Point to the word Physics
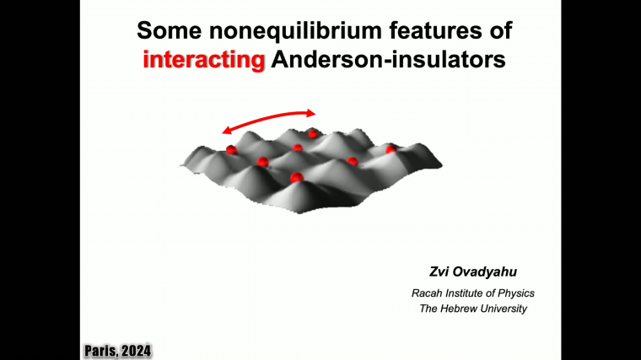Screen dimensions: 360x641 tap(517, 293)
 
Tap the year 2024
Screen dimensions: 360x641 tap(137, 349)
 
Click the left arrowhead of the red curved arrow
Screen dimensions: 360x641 tap(226, 130)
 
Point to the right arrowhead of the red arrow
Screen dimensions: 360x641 tap(312, 112)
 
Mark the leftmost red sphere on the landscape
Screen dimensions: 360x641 tap(231, 150)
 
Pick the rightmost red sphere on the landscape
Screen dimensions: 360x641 tap(391, 149)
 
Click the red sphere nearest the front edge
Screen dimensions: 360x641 tap(296, 177)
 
